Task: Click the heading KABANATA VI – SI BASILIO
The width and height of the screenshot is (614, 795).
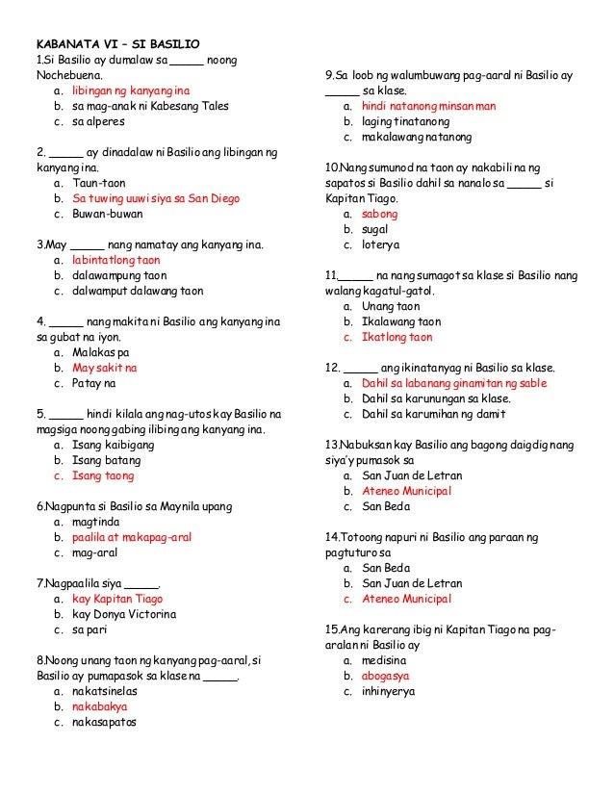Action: tap(117, 44)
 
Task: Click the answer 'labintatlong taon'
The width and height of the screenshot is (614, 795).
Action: tap(116, 260)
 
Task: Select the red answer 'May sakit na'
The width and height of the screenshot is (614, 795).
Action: tap(105, 368)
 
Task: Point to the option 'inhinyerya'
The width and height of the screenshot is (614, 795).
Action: tap(389, 691)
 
